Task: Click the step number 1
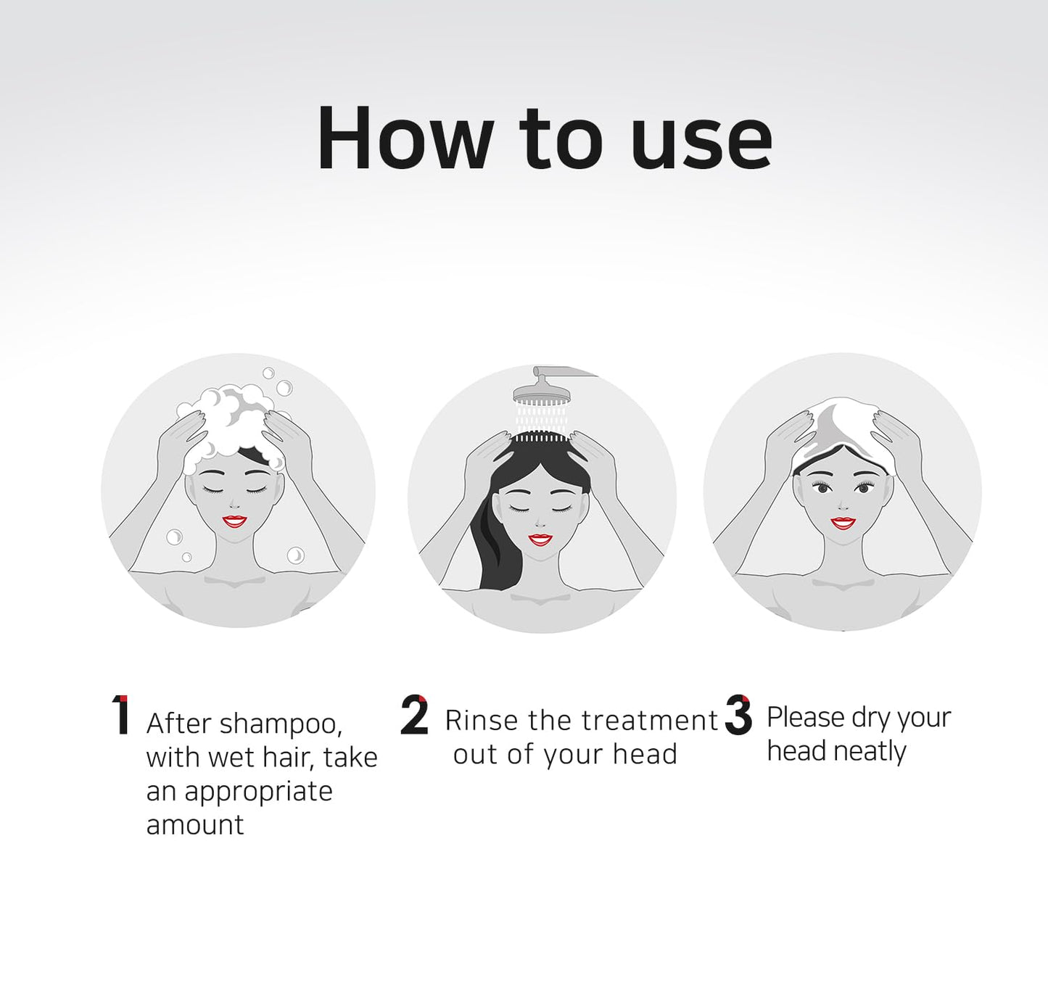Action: (121, 715)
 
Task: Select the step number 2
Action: (414, 715)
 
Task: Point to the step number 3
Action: (738, 715)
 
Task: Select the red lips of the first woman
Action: (234, 521)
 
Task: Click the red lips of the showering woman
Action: (540, 539)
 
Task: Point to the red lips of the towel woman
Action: (843, 522)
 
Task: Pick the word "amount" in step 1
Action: (195, 825)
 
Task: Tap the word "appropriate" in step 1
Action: (258, 792)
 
